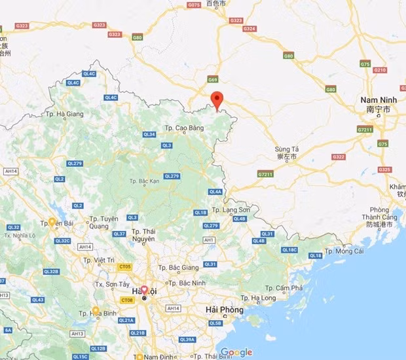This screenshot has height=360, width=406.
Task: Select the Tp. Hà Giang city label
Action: click(65, 114)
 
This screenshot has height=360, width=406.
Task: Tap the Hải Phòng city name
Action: click(224, 310)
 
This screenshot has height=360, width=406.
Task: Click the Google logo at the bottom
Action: click(236, 352)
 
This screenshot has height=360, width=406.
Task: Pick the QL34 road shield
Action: click(149, 134)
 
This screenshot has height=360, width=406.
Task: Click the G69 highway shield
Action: click(213, 79)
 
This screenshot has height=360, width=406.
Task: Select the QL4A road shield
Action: click(215, 192)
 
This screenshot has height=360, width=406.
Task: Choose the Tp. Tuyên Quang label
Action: click(105, 223)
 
